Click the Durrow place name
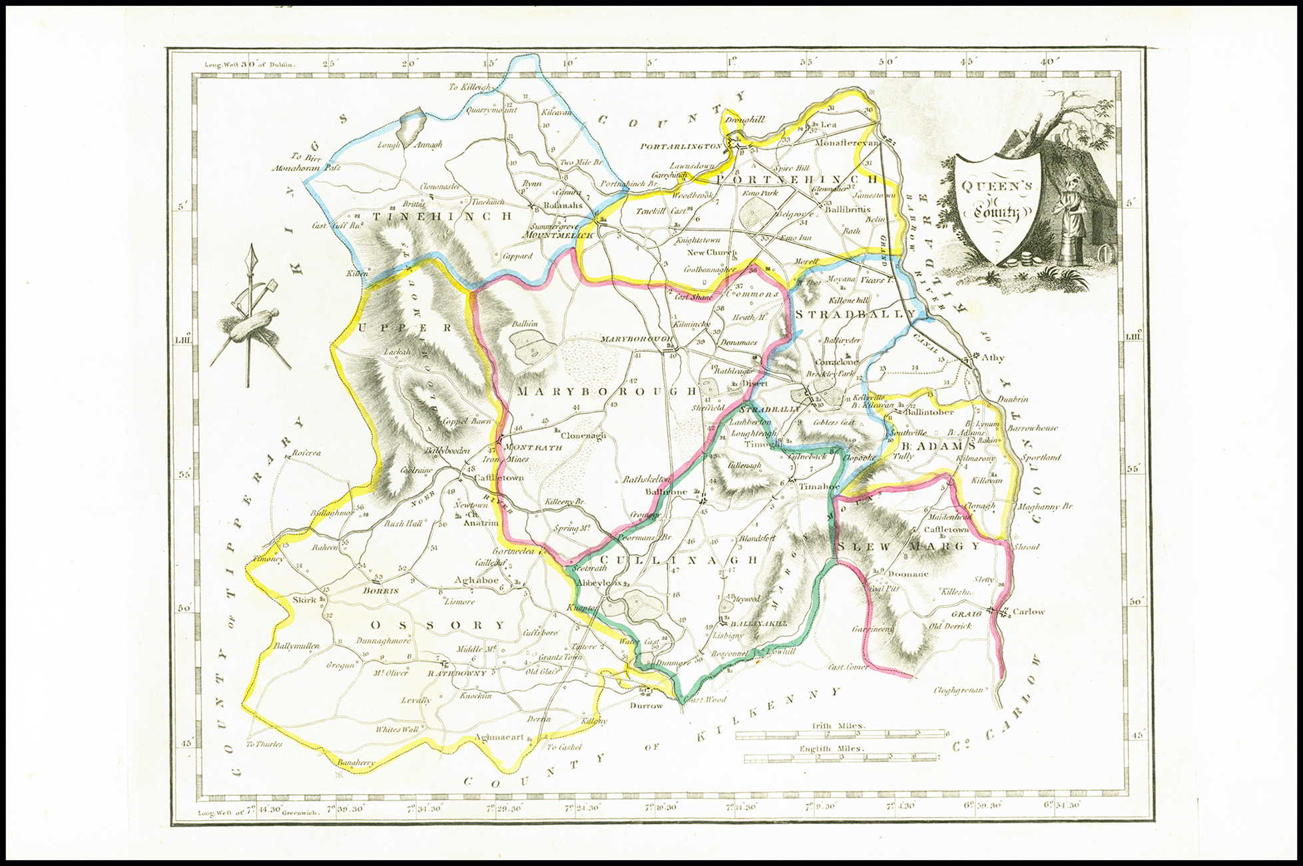[647, 705]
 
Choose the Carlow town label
[1028, 611]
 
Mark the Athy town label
[993, 357]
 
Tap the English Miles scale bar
[841, 757]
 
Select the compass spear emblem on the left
[249, 318]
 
